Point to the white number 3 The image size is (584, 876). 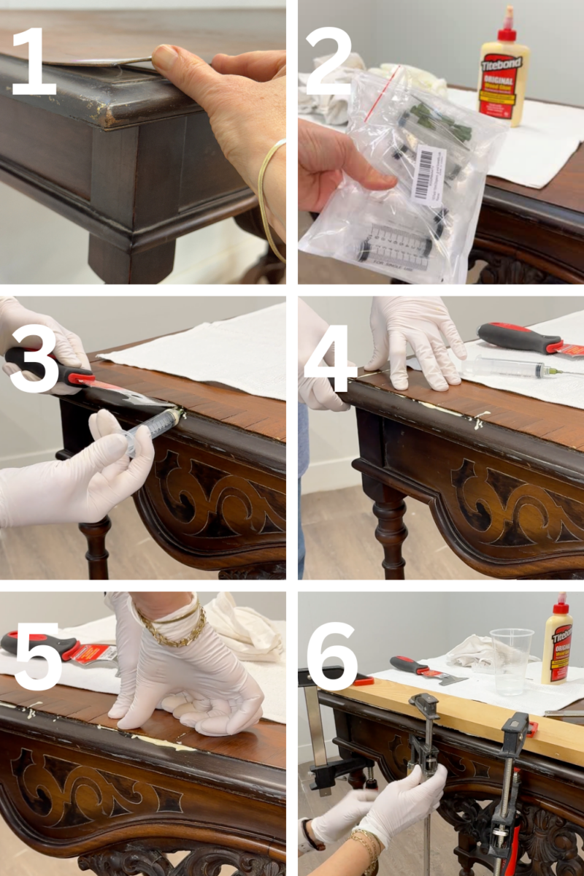(x=33, y=362)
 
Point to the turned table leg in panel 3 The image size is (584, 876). (x=95, y=544)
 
